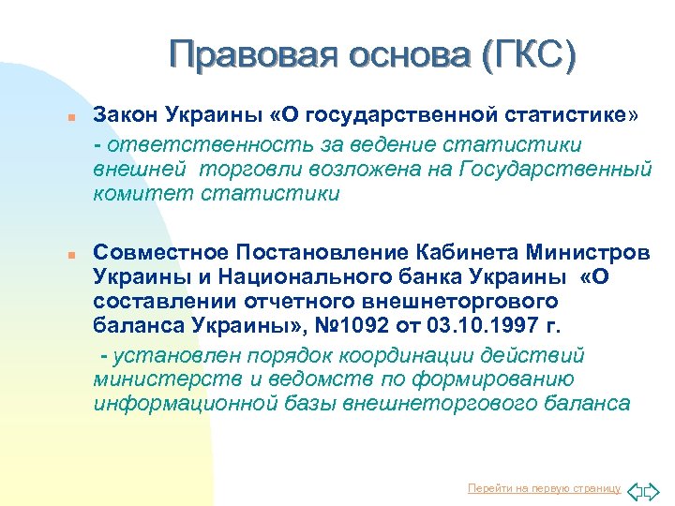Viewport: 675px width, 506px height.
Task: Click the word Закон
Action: click(127, 115)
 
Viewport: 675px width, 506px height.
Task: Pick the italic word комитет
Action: click(137, 195)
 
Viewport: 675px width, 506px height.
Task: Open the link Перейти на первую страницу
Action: click(544, 488)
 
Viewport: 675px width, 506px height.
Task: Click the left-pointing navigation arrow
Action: click(634, 489)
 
